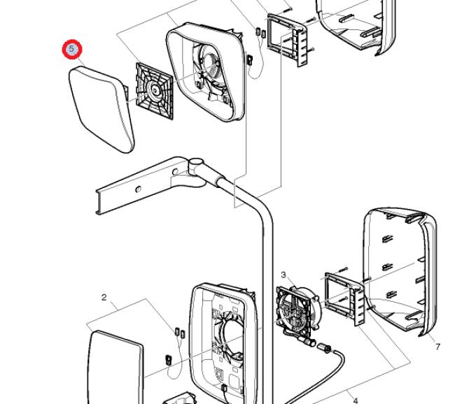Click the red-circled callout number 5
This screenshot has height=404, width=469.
point(72,49)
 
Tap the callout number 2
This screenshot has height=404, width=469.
point(104,297)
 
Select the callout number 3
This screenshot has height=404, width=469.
point(283,275)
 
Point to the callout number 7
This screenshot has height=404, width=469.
point(437,347)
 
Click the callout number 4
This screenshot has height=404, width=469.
point(356,401)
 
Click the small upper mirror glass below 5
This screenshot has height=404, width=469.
point(101,109)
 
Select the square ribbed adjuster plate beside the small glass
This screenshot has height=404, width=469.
point(155,91)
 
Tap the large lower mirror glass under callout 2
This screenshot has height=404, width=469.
point(116,368)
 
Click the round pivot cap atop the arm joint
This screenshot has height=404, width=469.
point(196,163)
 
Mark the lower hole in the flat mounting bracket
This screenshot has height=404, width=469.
point(138,189)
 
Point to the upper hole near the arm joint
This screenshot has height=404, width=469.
point(175,172)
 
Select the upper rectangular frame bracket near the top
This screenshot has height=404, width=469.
point(288,39)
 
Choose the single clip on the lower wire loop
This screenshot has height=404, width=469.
point(169,360)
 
